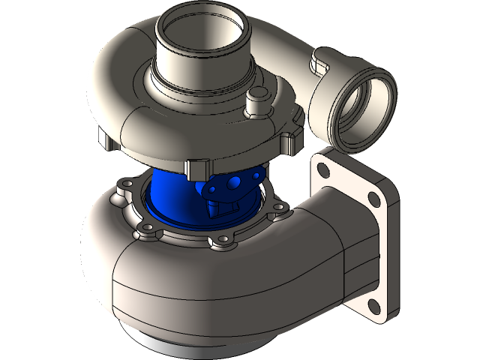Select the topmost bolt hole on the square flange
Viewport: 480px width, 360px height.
click(325, 160)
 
